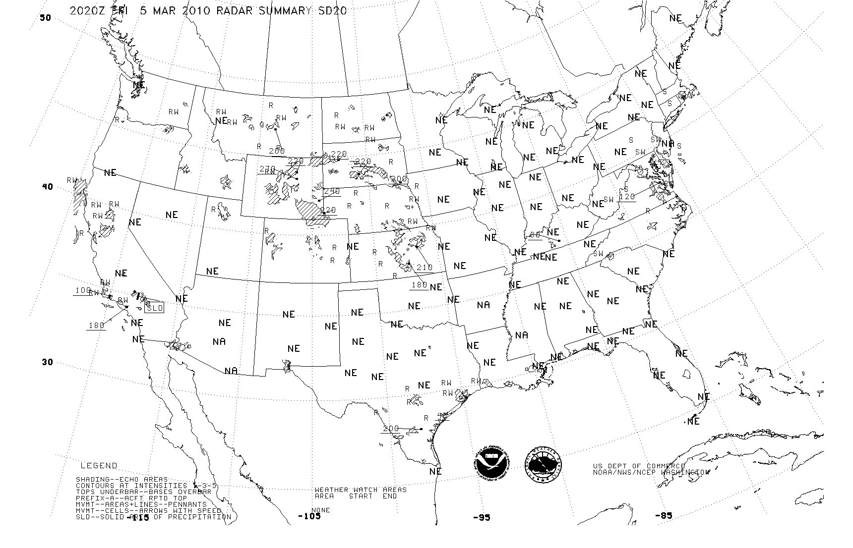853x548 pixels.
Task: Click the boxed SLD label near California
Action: (155, 308)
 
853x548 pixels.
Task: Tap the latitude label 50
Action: (45, 18)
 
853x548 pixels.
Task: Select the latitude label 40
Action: (47, 187)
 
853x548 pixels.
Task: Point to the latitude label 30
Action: (47, 362)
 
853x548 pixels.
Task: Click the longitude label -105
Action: (309, 516)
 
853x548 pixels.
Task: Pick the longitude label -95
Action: (481, 517)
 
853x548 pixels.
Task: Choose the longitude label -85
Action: (664, 516)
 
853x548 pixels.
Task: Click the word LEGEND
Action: (99, 466)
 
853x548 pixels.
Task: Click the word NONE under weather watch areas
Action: (321, 510)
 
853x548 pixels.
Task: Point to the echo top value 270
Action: (267, 169)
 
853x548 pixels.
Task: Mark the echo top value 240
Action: (332, 191)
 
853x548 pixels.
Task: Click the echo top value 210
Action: (425, 267)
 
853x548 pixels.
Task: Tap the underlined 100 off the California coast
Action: (83, 290)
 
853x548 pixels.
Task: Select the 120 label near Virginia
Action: (627, 196)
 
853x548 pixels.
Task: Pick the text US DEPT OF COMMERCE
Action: (639, 466)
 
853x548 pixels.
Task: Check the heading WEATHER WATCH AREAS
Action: (361, 490)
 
